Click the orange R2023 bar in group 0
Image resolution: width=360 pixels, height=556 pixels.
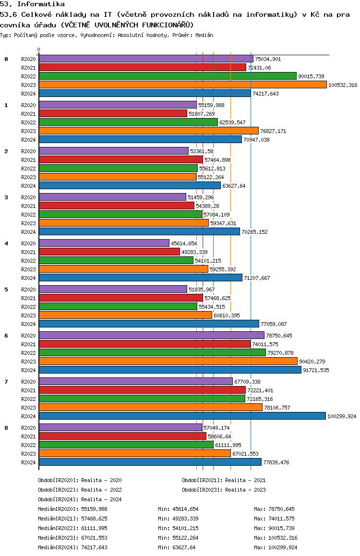[182, 85]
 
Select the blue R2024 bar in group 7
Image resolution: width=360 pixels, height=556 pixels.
[182, 416]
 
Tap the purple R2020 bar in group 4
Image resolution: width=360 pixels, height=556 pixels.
[104, 243]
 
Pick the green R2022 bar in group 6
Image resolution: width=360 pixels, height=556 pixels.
[152, 352]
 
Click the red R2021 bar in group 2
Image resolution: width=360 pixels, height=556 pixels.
[120, 159]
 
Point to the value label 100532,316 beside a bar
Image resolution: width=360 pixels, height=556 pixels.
[343, 85]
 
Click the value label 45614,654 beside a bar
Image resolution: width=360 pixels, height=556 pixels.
[184, 243]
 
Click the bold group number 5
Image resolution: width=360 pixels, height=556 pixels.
[6, 290]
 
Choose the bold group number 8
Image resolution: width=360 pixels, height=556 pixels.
[6, 428]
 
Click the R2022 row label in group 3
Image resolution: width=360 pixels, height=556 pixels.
[29, 215]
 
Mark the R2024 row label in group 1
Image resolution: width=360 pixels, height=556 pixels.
[29, 140]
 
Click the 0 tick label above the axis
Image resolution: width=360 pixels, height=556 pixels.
[39, 49]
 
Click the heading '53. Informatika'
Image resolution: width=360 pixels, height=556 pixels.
[32, 4]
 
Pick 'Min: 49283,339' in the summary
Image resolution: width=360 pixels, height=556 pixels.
[178, 519]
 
